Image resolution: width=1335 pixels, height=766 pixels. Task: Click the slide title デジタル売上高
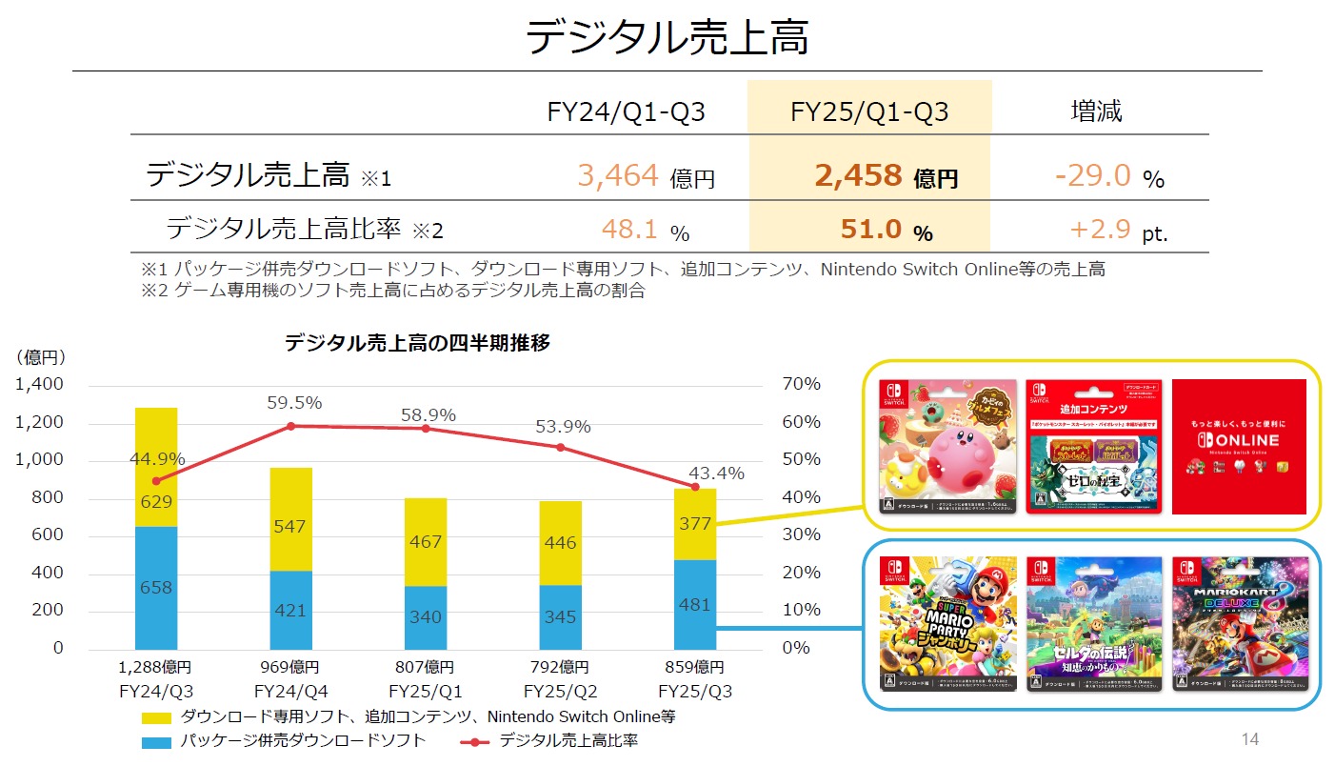click(667, 39)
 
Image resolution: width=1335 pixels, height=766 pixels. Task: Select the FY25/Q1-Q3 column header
click(869, 112)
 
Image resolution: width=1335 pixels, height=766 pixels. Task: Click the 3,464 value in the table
click(618, 175)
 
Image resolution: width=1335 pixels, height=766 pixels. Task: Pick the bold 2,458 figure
click(858, 175)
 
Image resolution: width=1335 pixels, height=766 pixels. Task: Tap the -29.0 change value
click(1092, 175)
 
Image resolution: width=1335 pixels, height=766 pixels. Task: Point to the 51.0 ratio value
click(870, 230)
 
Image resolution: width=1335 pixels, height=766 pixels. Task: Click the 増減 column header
click(1097, 112)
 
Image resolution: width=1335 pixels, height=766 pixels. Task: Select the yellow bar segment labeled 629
click(156, 468)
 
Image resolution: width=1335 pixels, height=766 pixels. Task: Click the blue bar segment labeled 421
click(290, 610)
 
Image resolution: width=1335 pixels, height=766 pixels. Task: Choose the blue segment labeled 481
click(694, 604)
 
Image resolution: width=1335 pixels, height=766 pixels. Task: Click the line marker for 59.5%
click(290, 426)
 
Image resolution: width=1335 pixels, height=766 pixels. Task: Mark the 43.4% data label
click(716, 474)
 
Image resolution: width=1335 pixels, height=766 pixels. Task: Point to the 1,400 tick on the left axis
click(40, 385)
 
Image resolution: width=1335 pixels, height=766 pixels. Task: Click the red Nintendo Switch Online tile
click(1239, 447)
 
